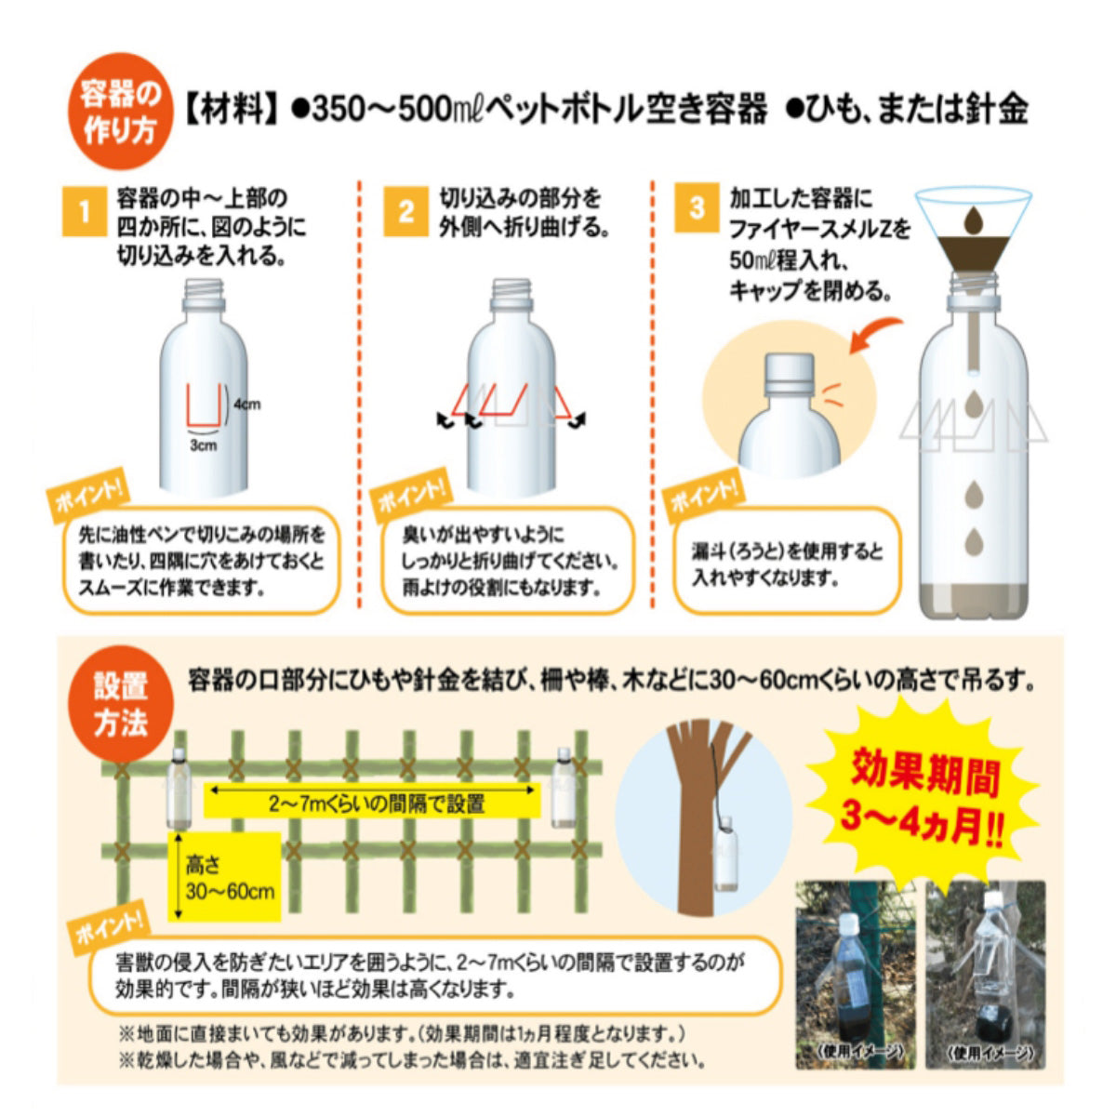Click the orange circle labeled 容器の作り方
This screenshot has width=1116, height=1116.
120,113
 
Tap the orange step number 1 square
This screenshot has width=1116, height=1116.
84,212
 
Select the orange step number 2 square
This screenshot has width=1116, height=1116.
406,212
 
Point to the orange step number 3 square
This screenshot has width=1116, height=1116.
697,206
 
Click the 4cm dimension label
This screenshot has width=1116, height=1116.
246,405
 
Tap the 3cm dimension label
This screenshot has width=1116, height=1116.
203,445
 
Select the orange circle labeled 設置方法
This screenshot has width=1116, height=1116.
121,705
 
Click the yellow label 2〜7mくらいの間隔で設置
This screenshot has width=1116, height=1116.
372,802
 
